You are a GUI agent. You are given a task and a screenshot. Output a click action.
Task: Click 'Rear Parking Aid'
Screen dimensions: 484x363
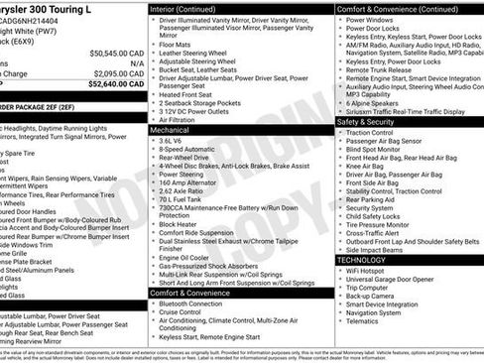(372, 199)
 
